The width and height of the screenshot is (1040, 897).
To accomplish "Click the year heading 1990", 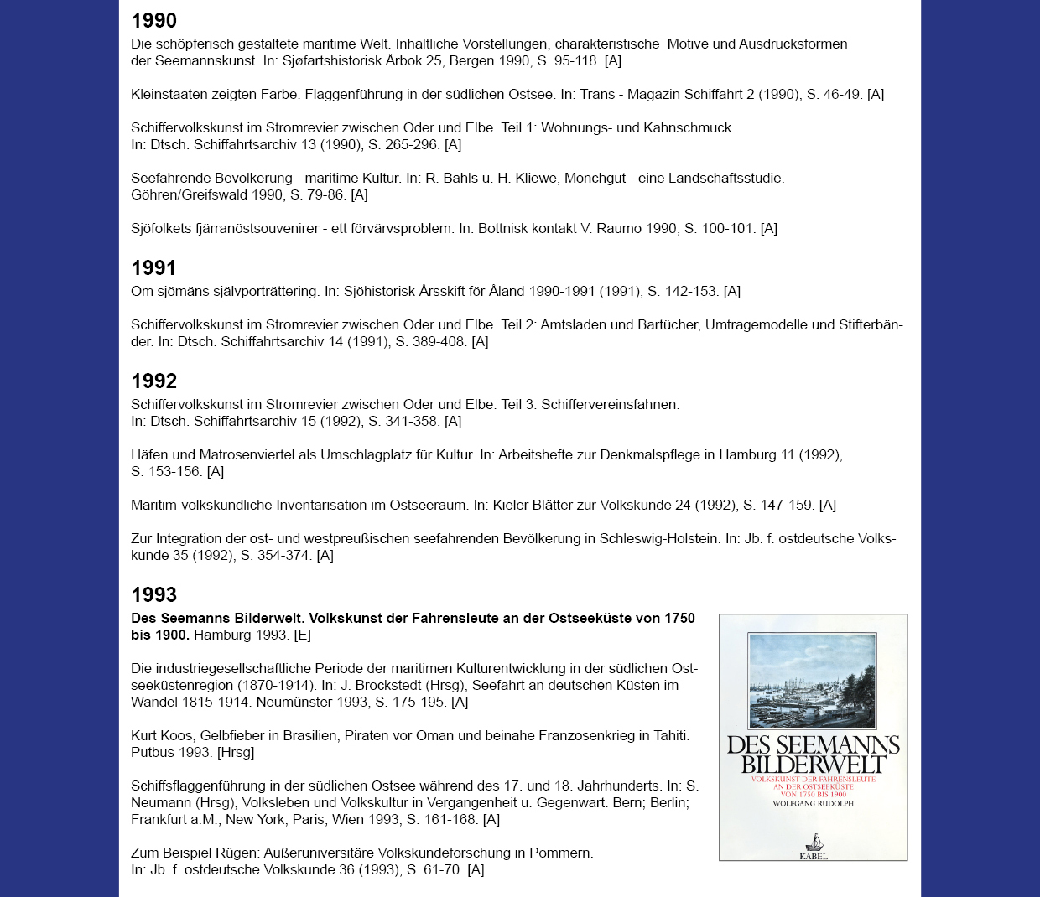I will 154,21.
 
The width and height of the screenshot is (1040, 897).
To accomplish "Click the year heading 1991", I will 154,268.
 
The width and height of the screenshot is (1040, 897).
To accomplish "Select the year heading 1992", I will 154,381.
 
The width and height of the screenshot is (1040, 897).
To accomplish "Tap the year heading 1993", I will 154,595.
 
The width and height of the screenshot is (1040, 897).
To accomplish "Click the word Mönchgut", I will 597,178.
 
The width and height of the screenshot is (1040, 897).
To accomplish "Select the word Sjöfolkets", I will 164,228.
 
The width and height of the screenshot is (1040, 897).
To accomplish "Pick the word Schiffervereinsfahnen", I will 610,404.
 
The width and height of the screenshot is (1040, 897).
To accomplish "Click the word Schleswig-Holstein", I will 658,538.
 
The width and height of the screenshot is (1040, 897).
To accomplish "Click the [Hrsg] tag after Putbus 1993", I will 236,752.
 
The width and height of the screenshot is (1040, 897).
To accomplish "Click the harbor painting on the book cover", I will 813,680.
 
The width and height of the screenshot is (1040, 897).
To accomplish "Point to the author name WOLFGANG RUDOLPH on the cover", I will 813,803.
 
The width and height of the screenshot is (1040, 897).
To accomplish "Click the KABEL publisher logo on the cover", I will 813,847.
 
